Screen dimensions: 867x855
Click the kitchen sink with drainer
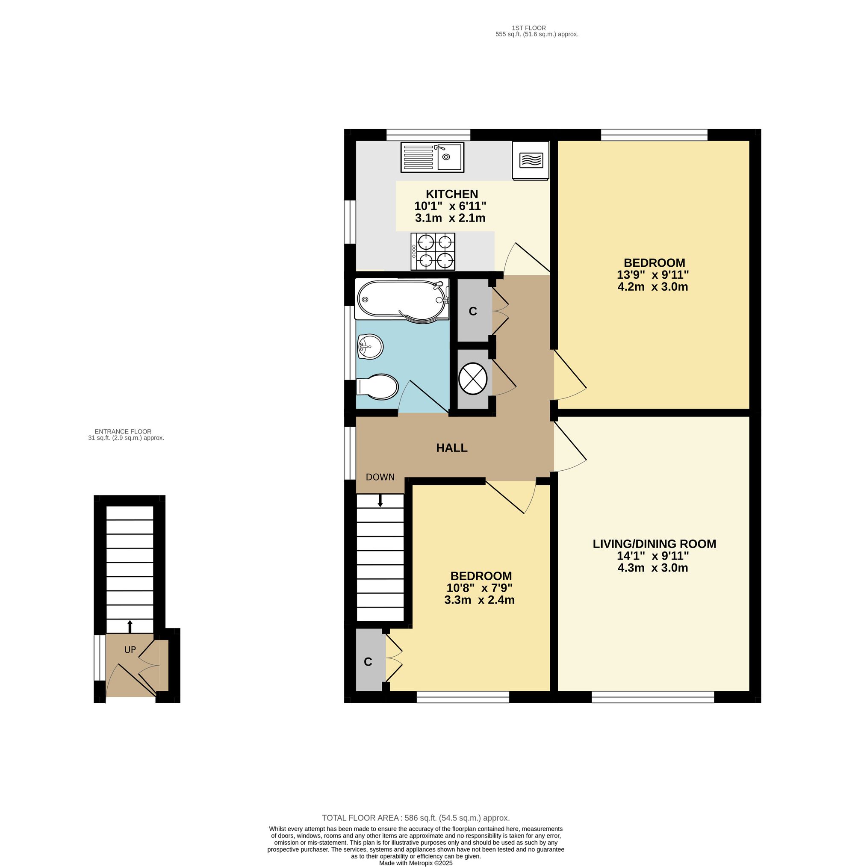pos(432,157)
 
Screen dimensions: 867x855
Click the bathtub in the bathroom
pos(401,299)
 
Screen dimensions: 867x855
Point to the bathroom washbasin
pos(370,346)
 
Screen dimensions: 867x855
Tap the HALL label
pos(451,448)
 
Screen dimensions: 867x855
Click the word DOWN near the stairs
pos(380,477)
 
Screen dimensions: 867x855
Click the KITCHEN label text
pos(451,194)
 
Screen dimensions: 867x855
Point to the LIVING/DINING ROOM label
pos(654,544)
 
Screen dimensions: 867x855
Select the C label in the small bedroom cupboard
pos(368,662)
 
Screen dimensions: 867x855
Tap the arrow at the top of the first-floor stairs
pos(380,500)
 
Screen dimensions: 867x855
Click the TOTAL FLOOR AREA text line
pos(416,818)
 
